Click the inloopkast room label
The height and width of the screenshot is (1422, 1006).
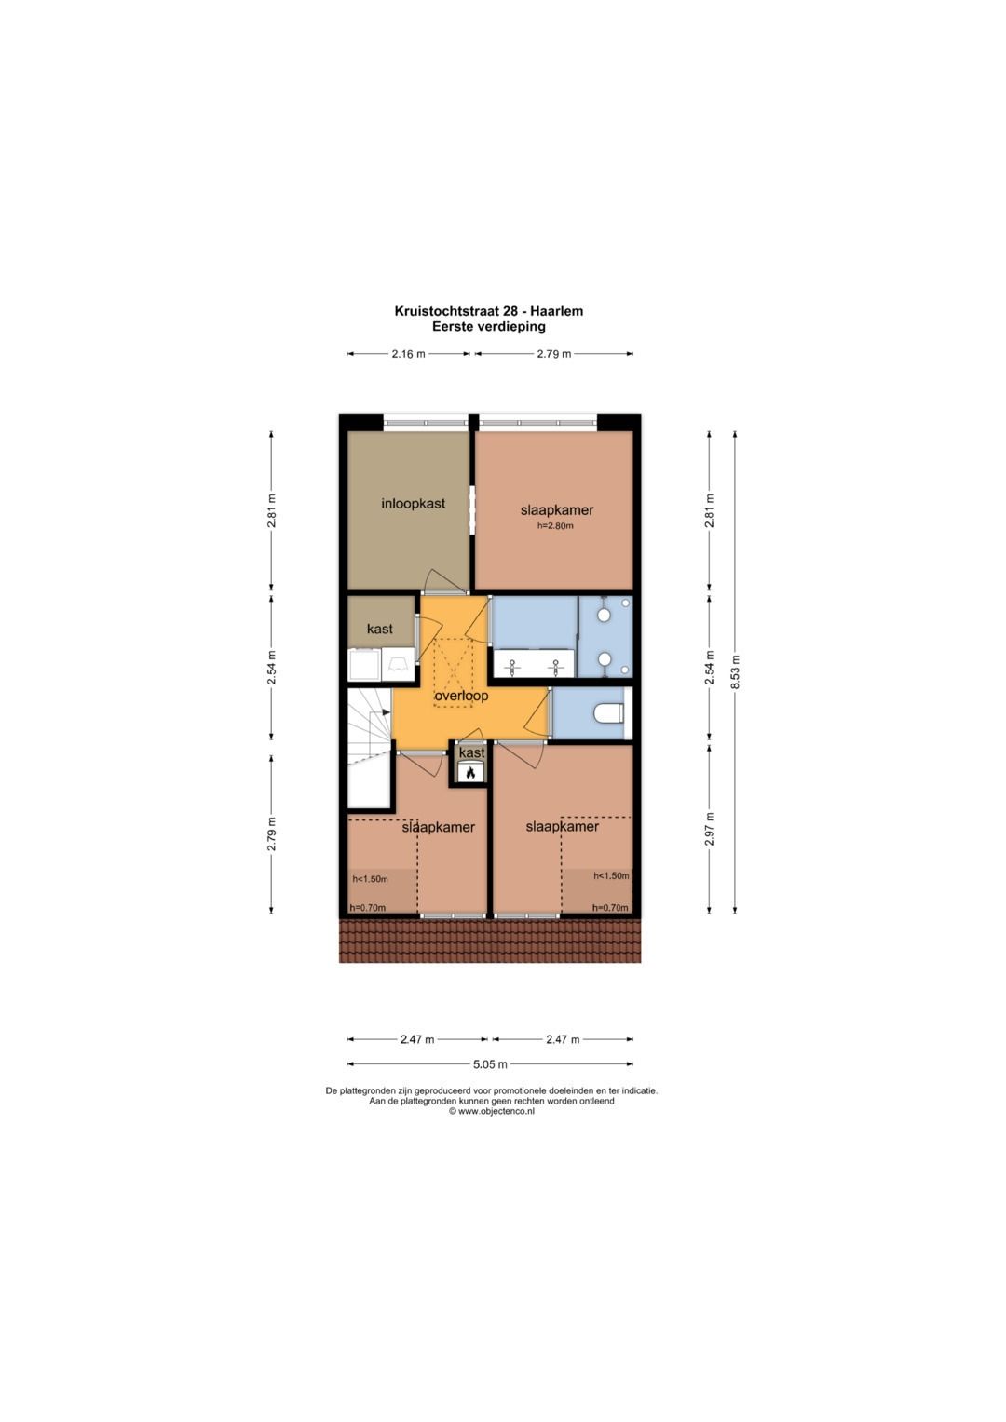pyautogui.click(x=413, y=504)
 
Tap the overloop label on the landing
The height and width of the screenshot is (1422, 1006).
pyautogui.click(x=461, y=696)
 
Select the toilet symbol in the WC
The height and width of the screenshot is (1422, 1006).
pyautogui.click(x=607, y=714)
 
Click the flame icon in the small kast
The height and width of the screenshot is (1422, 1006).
pyautogui.click(x=470, y=772)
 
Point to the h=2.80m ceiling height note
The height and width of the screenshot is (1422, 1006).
pyautogui.click(x=555, y=525)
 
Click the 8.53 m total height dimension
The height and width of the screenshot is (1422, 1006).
pyautogui.click(x=735, y=671)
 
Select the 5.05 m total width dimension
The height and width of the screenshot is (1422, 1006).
pyautogui.click(x=490, y=1063)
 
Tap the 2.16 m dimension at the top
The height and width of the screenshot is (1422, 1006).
pyautogui.click(x=408, y=354)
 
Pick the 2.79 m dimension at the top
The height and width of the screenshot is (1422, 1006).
pyautogui.click(x=554, y=354)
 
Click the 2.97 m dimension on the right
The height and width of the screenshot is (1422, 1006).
pyautogui.click(x=710, y=829)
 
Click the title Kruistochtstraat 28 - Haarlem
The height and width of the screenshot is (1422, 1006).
pyautogui.click(x=489, y=311)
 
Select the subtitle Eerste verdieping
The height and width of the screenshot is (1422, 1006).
pyautogui.click(x=489, y=327)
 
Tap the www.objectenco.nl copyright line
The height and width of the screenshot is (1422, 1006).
pyautogui.click(x=491, y=1111)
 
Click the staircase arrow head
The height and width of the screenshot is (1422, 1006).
pyautogui.click(x=387, y=711)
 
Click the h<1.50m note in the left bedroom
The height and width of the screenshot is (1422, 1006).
pyautogui.click(x=370, y=879)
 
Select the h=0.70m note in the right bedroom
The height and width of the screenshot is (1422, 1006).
pyautogui.click(x=610, y=908)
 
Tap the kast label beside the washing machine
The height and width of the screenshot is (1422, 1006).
pyautogui.click(x=380, y=629)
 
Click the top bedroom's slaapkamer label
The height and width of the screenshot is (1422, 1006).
pyautogui.click(x=557, y=509)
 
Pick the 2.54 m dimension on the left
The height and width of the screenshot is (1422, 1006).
pyautogui.click(x=271, y=668)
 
